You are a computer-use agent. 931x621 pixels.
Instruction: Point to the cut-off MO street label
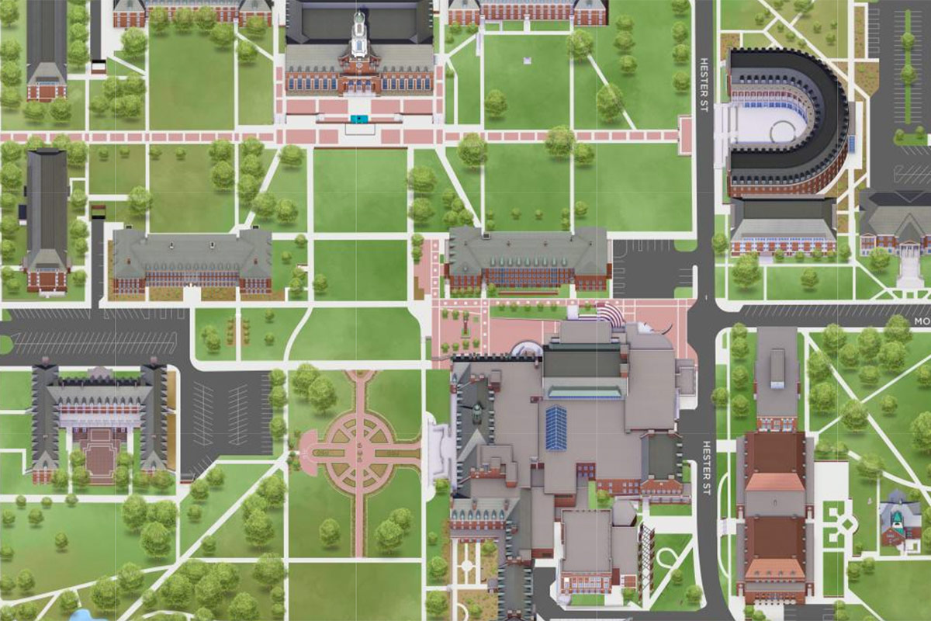pos(921,321)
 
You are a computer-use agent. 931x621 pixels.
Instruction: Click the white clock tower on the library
pos(358,35)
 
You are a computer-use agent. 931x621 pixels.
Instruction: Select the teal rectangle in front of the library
pos(358,119)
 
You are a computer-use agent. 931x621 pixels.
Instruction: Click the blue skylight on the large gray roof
pos(556,428)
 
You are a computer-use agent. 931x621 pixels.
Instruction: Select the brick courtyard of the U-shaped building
pos(99,450)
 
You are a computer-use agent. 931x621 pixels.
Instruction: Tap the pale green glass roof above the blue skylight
pos(586,389)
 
